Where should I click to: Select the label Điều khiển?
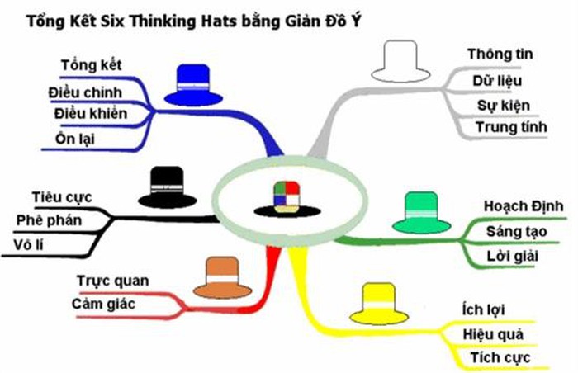click(91, 113)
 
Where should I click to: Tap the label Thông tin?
click(500, 54)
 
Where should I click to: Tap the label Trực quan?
click(112, 281)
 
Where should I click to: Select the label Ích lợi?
click(483, 310)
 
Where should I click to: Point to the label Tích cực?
click(500, 357)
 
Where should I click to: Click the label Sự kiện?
click(504, 105)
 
